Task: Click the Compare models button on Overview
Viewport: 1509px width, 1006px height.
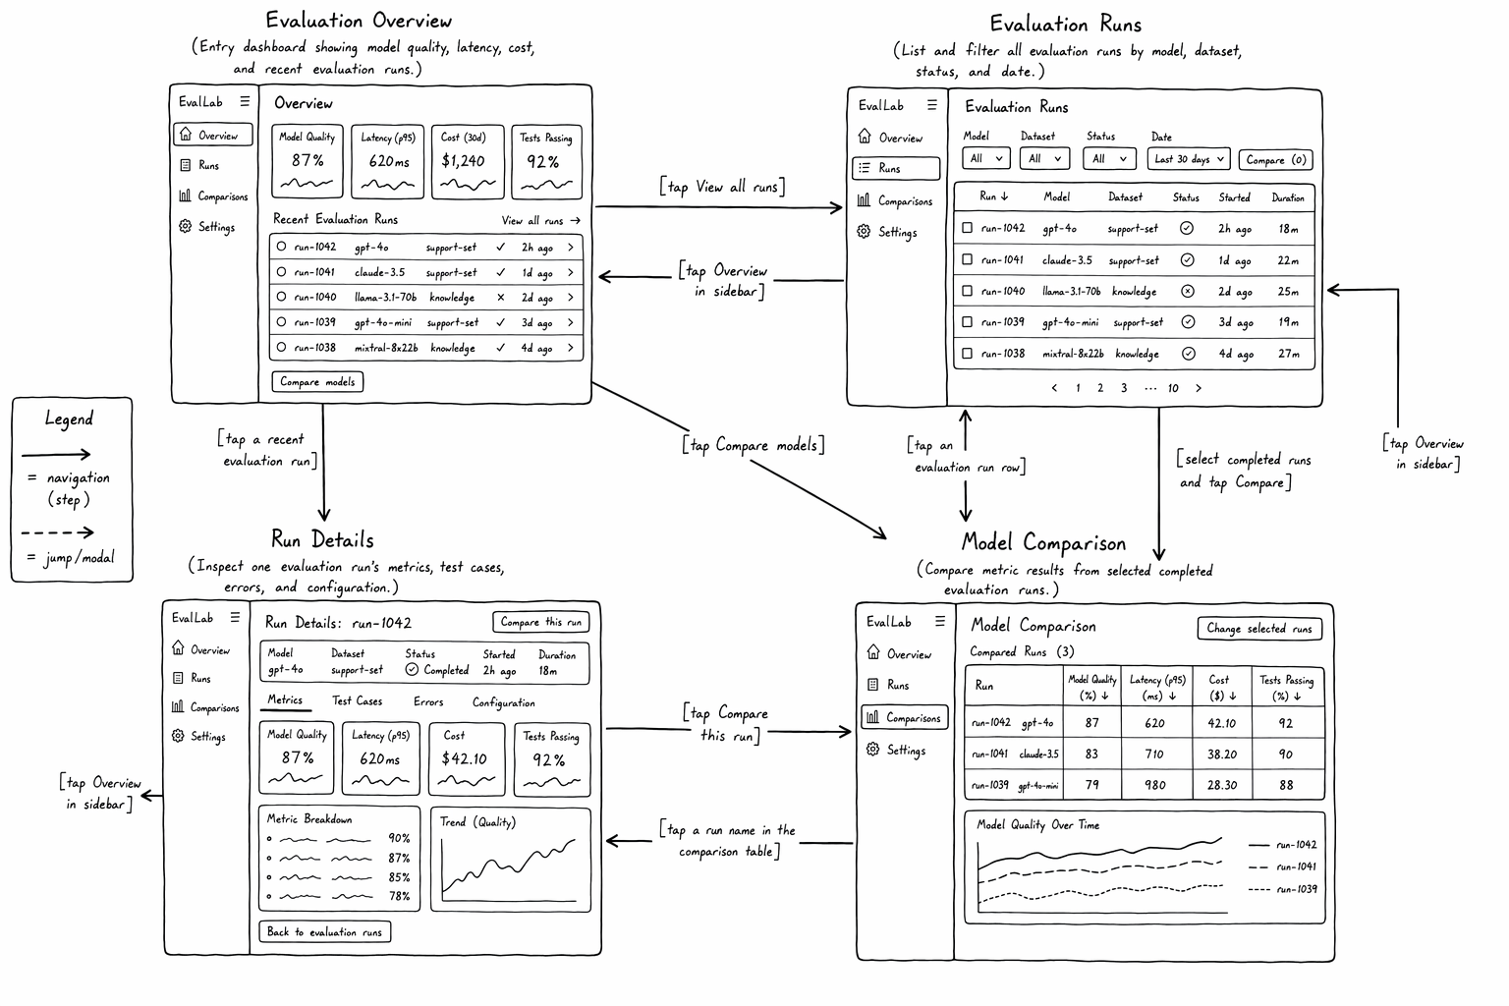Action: point(317,381)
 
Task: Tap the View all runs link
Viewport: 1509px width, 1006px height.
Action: point(540,220)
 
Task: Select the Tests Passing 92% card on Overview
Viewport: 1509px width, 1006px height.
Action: point(546,162)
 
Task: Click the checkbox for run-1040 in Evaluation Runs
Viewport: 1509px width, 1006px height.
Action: point(967,291)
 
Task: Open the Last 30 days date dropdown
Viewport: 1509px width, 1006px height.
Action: point(1189,159)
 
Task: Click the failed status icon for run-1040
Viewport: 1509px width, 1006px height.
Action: point(1187,291)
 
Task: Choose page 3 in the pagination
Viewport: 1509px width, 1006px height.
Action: point(1124,387)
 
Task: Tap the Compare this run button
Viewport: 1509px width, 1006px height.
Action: point(541,622)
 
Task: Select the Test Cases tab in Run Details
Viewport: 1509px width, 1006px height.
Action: point(357,700)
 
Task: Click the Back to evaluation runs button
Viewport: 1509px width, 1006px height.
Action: point(325,932)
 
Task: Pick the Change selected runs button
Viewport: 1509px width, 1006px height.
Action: point(1259,628)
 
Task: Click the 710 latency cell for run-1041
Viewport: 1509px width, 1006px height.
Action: point(1154,754)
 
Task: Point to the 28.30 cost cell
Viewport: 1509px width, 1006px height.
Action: point(1221,785)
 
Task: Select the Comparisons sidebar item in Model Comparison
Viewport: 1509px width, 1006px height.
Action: point(904,717)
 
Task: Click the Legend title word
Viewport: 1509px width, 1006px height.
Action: point(70,419)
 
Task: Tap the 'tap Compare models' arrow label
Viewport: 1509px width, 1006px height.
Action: point(754,445)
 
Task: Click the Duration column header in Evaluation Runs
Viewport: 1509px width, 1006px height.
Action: point(1287,197)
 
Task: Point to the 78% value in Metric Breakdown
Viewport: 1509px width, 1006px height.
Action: point(399,896)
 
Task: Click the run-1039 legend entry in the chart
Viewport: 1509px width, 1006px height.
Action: point(1282,889)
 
